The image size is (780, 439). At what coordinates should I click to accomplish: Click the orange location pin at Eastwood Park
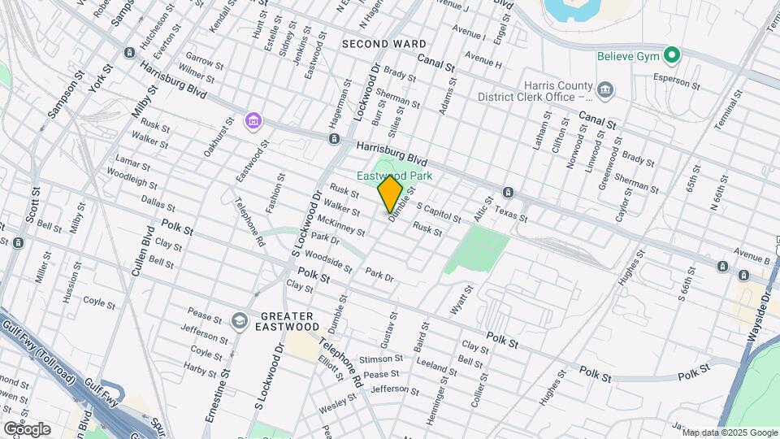click(390, 194)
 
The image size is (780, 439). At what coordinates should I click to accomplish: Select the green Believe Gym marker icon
click(671, 55)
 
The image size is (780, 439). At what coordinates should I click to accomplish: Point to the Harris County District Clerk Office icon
click(604, 88)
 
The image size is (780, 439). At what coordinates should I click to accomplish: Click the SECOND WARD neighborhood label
click(384, 43)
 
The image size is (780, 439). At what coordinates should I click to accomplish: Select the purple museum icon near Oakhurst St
click(253, 122)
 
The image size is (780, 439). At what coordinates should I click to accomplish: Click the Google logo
click(27, 428)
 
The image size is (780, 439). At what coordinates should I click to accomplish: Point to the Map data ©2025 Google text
click(730, 432)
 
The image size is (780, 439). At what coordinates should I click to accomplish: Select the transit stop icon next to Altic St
click(508, 193)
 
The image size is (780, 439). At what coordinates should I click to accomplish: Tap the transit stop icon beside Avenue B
click(721, 266)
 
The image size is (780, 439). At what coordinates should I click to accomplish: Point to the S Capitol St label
click(440, 213)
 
